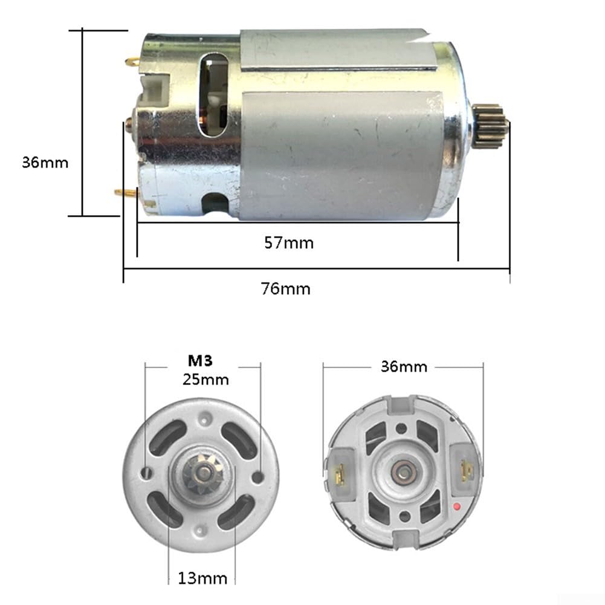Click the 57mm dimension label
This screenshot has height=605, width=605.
coord(289,243)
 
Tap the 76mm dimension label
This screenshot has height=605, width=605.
coord(285,289)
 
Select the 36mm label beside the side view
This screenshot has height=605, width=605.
coord(45,163)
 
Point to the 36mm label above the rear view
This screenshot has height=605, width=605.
coord(404,366)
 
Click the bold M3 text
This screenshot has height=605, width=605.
coord(200,360)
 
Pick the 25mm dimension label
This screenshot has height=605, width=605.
coord(205,380)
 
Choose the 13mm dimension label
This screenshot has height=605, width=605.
coord(202,578)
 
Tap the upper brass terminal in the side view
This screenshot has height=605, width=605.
coord(133,61)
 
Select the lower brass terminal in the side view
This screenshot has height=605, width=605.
coord(126,192)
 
